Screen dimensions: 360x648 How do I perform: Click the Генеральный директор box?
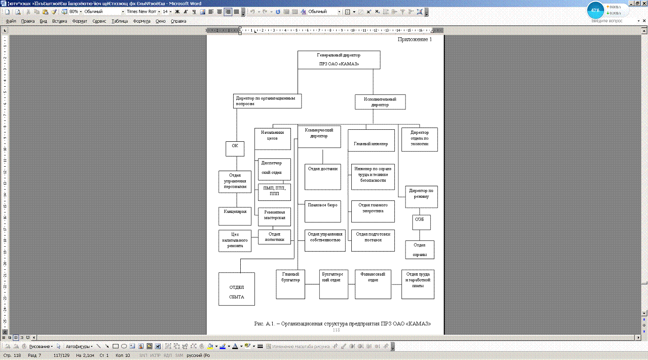(x=338, y=60)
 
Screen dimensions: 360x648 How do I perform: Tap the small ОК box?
(x=235, y=148)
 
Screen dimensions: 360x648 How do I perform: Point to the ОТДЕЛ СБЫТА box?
(x=237, y=289)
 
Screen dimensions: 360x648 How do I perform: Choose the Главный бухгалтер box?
(x=290, y=284)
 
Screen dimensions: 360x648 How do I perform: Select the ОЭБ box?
(x=421, y=222)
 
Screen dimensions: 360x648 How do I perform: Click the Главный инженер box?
(x=371, y=144)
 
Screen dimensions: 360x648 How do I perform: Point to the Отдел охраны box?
(x=420, y=249)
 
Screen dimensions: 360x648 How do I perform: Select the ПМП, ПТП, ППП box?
(x=274, y=192)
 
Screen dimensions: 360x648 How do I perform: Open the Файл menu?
(x=11, y=21)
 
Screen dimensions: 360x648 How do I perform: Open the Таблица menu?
(x=119, y=21)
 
